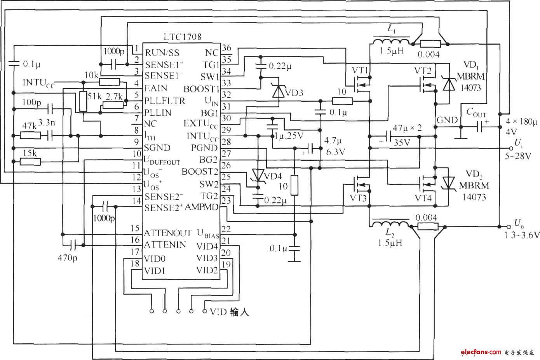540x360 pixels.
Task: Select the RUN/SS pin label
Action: pyautogui.click(x=162, y=52)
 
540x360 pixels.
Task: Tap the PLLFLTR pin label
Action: pyautogui.click(x=165, y=101)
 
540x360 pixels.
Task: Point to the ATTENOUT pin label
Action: pyautogui.click(x=168, y=233)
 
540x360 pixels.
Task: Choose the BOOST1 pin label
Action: pyautogui.click(x=201, y=89)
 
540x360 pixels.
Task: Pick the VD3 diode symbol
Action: pyautogui.click(x=278, y=91)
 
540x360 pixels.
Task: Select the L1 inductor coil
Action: pyautogui.click(x=392, y=42)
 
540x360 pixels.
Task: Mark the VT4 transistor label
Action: pyautogui.click(x=424, y=198)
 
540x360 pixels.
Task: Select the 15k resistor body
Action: pyautogui.click(x=30, y=160)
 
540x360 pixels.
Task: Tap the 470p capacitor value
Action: pyautogui.click(x=67, y=257)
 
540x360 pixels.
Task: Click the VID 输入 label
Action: pyautogui.click(x=229, y=312)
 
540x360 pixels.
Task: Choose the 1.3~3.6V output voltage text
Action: pyautogui.click(x=522, y=235)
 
